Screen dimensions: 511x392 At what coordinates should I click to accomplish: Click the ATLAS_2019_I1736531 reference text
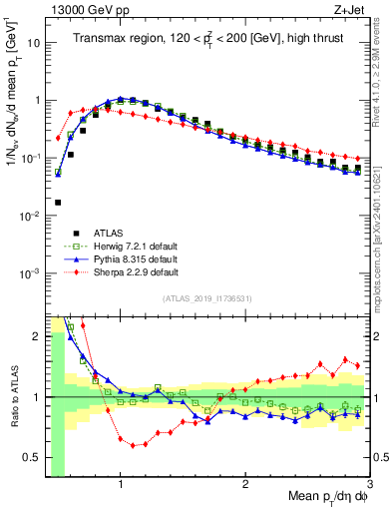click(x=207, y=298)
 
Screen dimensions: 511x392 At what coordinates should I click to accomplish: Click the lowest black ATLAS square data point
click(x=58, y=203)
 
